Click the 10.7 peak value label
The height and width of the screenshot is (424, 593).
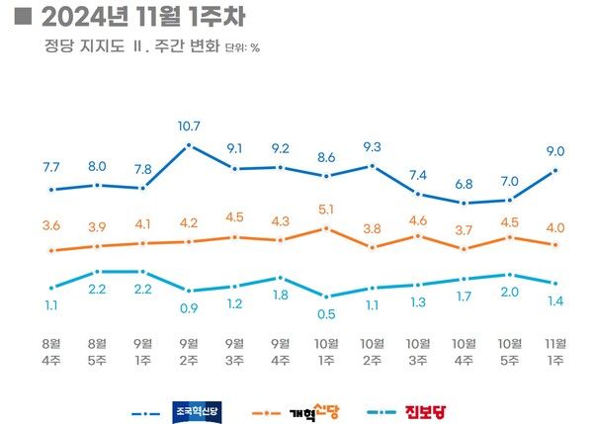[189, 127]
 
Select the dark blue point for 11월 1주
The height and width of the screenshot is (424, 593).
[555, 170]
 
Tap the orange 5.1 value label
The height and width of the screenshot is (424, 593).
[326, 209]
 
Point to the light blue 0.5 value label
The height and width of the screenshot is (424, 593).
[326, 315]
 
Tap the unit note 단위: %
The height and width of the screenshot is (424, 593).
[242, 46]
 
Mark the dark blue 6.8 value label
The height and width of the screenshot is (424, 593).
[464, 184]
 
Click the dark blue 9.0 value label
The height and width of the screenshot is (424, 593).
[555, 151]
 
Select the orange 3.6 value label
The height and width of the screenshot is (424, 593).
[51, 226]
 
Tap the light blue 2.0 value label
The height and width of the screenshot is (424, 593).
[510, 294]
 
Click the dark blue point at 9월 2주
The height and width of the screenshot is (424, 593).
[189, 145]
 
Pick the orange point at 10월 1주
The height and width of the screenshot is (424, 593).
[326, 227]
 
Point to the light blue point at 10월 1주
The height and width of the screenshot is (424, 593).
[326, 296]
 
